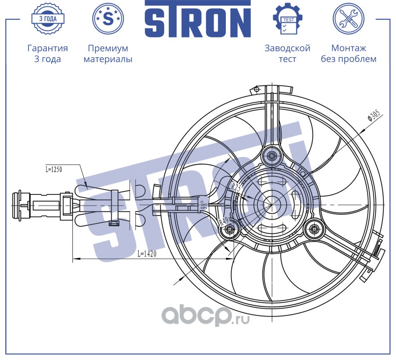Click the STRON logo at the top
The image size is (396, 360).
click(x=198, y=19)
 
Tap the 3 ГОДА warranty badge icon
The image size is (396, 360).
click(x=48, y=18)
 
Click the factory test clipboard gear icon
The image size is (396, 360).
click(x=288, y=18)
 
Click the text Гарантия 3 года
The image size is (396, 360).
click(x=48, y=54)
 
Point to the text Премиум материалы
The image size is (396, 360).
click(x=108, y=54)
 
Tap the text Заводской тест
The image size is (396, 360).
click(x=288, y=54)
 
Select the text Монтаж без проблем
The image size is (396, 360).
click(x=348, y=54)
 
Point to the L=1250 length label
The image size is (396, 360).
click(x=54, y=170)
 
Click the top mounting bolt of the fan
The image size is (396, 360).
click(x=272, y=156)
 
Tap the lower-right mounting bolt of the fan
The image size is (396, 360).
click(x=313, y=229)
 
